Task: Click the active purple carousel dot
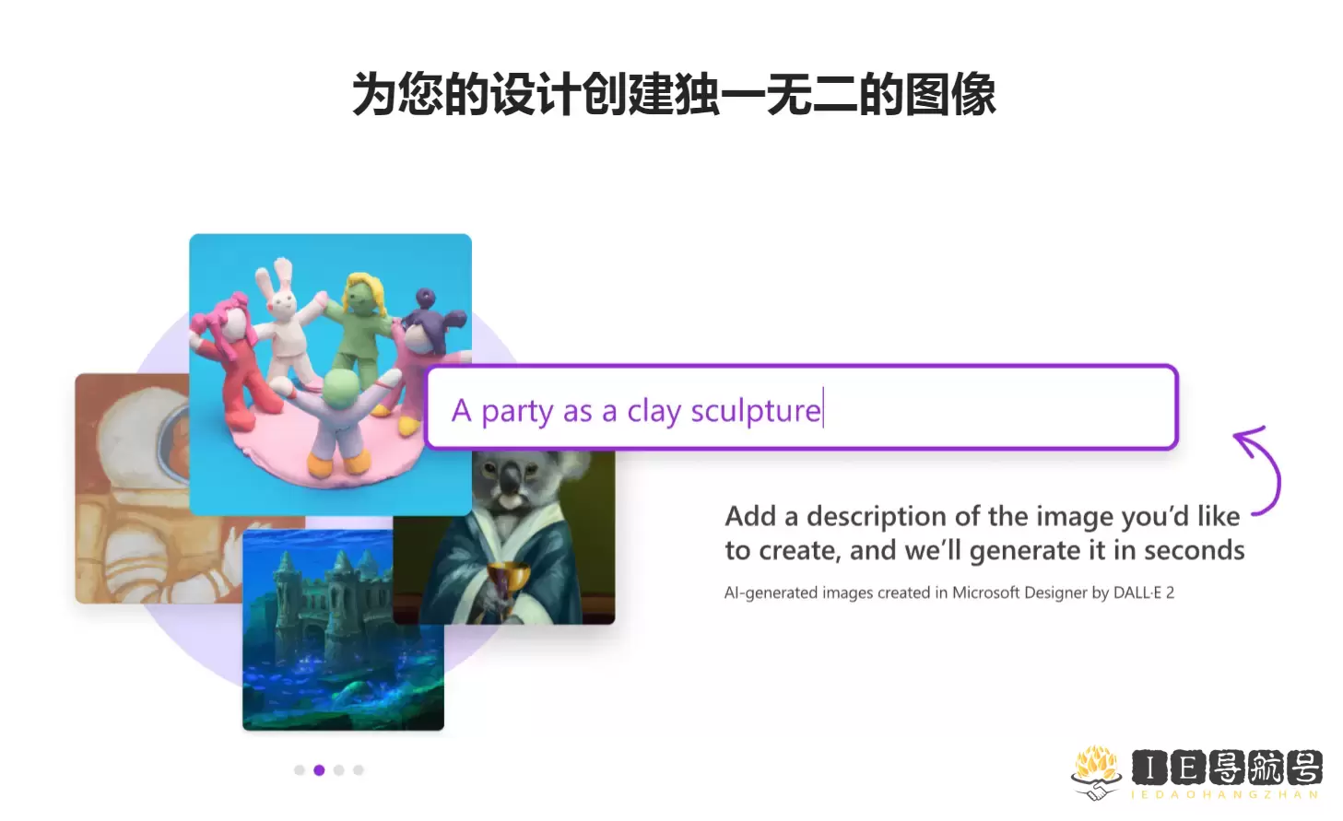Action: [x=319, y=770]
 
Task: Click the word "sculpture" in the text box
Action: [x=756, y=412]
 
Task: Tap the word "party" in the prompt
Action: [x=517, y=412]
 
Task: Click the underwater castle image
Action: [x=343, y=629]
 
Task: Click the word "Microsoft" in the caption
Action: [x=985, y=592]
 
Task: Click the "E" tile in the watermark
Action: [x=1188, y=768]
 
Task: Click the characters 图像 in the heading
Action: [x=950, y=95]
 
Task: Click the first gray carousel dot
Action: [x=300, y=770]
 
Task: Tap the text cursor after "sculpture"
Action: [x=824, y=407]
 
